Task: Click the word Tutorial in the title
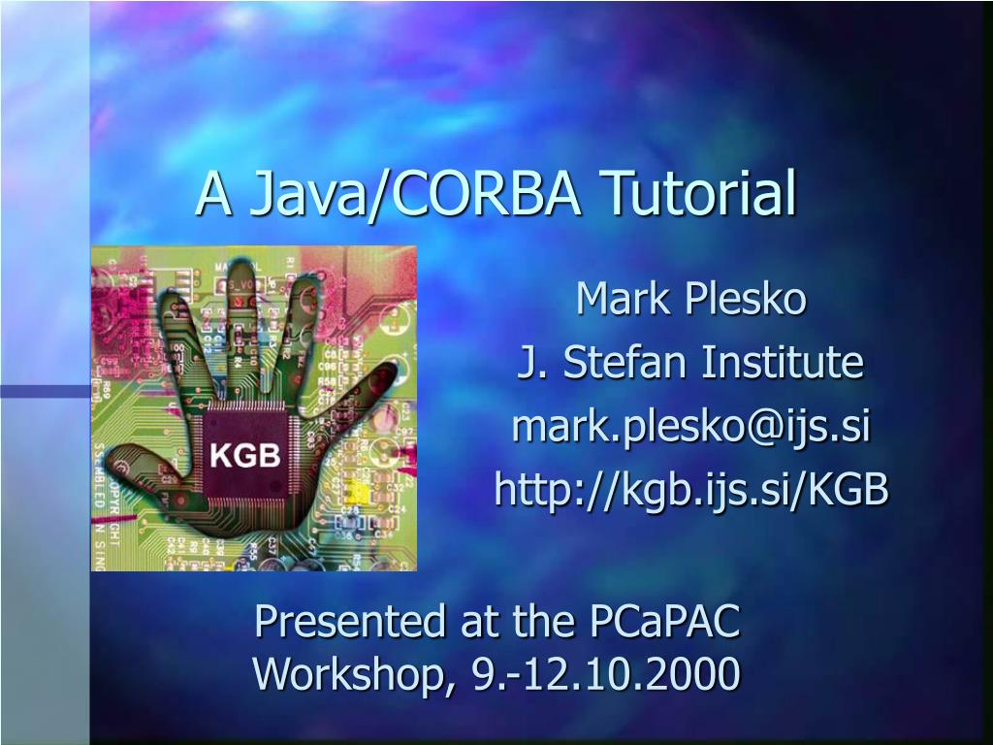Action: tap(698, 193)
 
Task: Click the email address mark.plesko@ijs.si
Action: tap(690, 427)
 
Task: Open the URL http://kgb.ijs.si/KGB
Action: tap(690, 490)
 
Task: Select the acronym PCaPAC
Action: tap(665, 621)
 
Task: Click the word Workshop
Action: tap(352, 673)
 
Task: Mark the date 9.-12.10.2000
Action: tap(606, 673)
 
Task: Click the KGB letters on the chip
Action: tap(246, 455)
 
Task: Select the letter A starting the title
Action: tap(214, 193)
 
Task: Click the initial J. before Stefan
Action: tap(529, 363)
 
